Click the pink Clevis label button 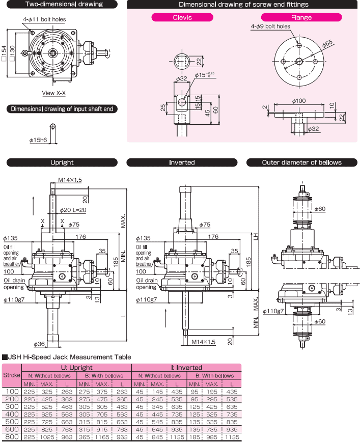(182, 17)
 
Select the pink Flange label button (301, 17)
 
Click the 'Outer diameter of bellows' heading (301, 162)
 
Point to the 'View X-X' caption (54, 93)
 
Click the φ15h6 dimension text (39, 139)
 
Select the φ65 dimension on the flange (327, 44)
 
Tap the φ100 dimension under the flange (299, 101)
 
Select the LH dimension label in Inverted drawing (255, 236)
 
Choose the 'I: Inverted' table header (186, 367)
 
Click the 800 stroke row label (11, 436)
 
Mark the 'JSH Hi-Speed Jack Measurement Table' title (69, 357)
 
